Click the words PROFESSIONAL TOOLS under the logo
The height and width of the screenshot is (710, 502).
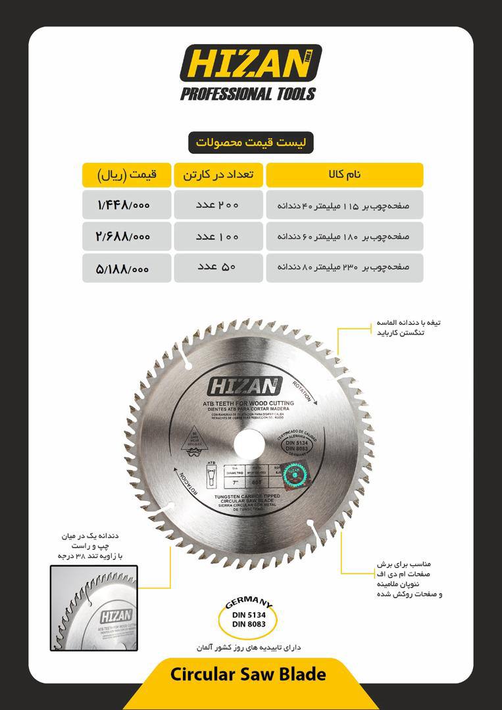point(248,94)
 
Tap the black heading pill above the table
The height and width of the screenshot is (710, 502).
point(251,142)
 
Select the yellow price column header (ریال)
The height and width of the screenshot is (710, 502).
point(126,175)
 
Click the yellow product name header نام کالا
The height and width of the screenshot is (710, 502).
point(344,175)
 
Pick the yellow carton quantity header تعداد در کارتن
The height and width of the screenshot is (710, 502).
point(218,175)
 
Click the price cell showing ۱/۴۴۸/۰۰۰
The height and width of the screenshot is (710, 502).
point(126,205)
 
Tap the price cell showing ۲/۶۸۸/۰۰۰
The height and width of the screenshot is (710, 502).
point(126,236)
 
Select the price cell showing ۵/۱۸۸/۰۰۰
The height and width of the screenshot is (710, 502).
point(126,268)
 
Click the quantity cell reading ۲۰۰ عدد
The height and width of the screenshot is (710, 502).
point(218,205)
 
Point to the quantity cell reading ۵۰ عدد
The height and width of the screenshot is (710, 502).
point(218,268)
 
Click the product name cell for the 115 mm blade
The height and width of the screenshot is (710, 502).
point(344,205)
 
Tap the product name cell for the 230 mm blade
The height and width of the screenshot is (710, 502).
point(344,268)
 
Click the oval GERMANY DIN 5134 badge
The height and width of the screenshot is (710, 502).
point(249,615)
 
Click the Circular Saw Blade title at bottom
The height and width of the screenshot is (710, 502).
point(248,674)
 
